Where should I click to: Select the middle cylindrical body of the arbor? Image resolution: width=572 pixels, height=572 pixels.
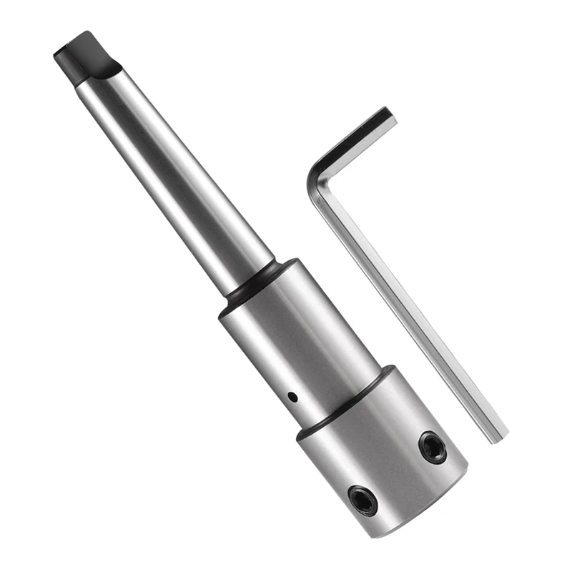tap(300, 336)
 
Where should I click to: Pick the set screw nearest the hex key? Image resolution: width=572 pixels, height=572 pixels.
tap(432, 448)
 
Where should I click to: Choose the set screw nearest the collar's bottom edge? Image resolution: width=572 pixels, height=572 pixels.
tap(363, 498)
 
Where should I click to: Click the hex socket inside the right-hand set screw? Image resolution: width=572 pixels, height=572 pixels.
tap(432, 448)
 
